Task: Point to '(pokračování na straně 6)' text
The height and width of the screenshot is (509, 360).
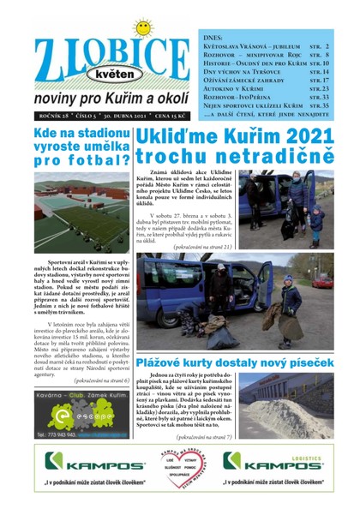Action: tap(101, 380)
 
